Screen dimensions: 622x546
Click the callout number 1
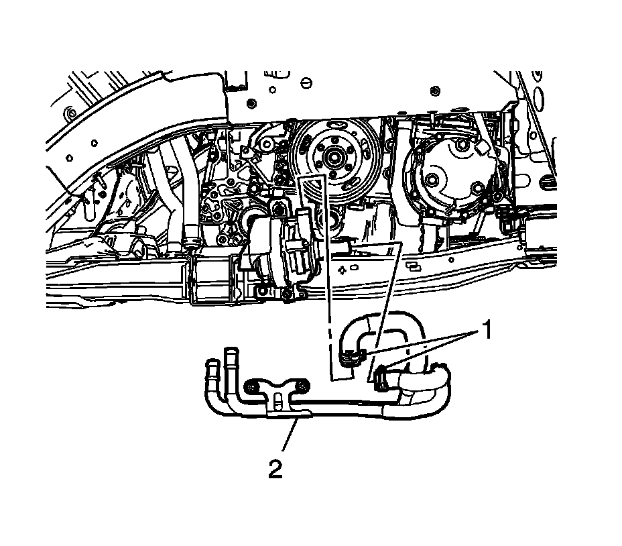tap(487, 331)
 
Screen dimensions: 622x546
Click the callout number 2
tap(275, 469)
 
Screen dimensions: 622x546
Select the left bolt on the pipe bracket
tap(251, 387)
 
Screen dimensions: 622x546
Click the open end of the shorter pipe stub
tap(213, 362)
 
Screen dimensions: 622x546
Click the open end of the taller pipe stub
tap(231, 351)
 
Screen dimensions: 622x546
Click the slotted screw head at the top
tap(306, 83)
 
